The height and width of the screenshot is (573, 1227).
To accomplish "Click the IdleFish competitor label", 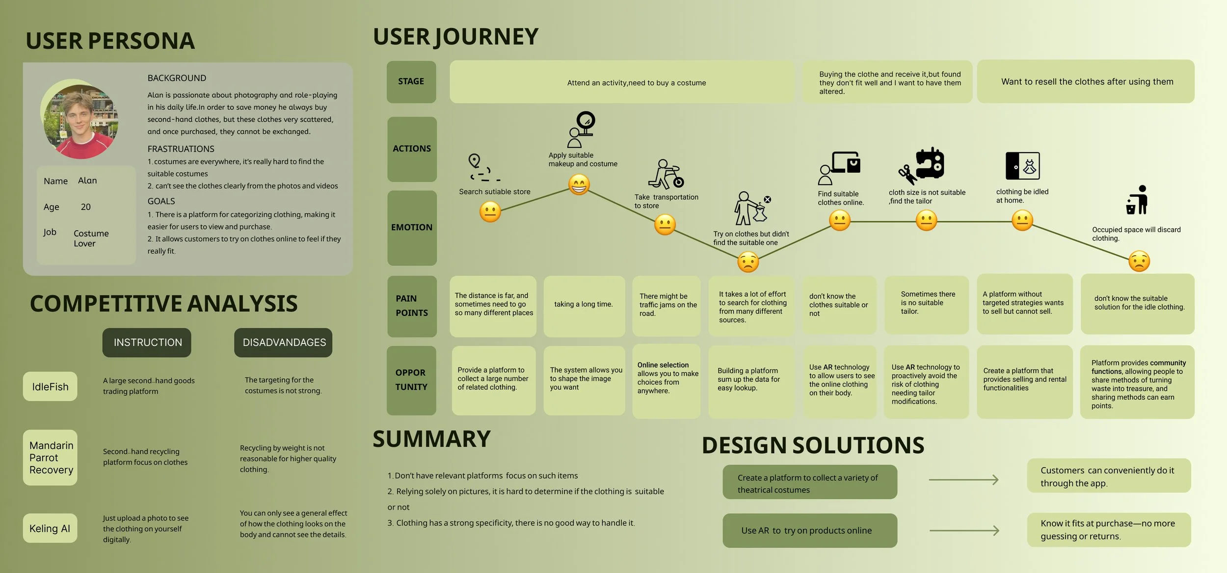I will tap(50, 387).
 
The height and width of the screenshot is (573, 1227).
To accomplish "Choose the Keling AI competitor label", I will tap(50, 528).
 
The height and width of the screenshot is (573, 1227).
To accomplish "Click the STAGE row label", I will tap(411, 81).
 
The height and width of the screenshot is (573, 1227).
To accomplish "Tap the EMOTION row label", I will tap(412, 228).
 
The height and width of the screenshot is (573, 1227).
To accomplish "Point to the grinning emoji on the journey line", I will tap(579, 185).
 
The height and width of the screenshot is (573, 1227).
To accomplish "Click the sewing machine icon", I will tap(930, 164).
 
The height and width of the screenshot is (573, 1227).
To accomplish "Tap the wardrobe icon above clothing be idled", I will tap(1022, 166).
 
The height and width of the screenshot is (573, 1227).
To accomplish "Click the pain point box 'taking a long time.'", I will tap(584, 305).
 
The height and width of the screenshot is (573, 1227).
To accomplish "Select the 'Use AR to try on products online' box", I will tap(809, 530).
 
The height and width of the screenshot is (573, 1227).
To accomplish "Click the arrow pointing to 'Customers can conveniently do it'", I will tap(963, 479).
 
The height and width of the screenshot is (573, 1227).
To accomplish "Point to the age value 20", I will tap(85, 207).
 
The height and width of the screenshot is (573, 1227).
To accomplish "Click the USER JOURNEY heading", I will tap(455, 37).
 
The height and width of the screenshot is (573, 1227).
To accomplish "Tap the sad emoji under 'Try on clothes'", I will tap(748, 262).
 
